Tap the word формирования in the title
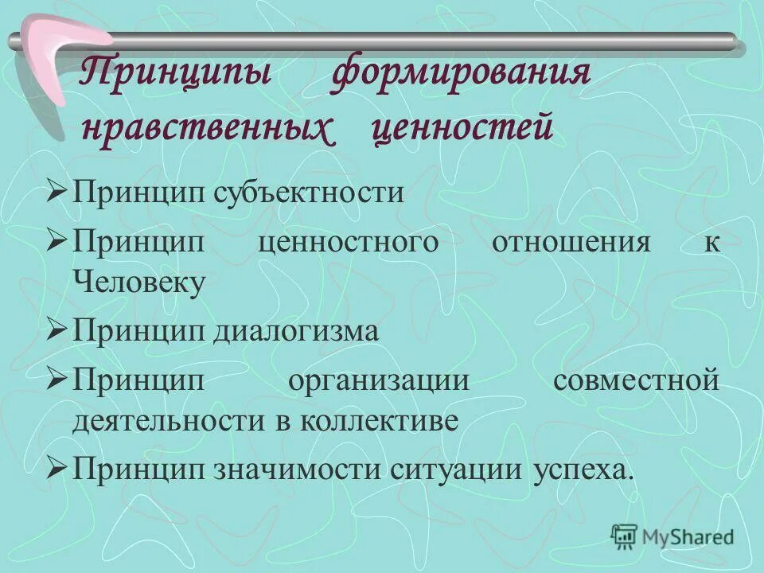point(461,78)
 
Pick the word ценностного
point(349,241)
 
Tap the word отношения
point(571,241)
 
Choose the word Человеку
point(140,283)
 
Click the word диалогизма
point(295,331)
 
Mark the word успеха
point(581,470)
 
